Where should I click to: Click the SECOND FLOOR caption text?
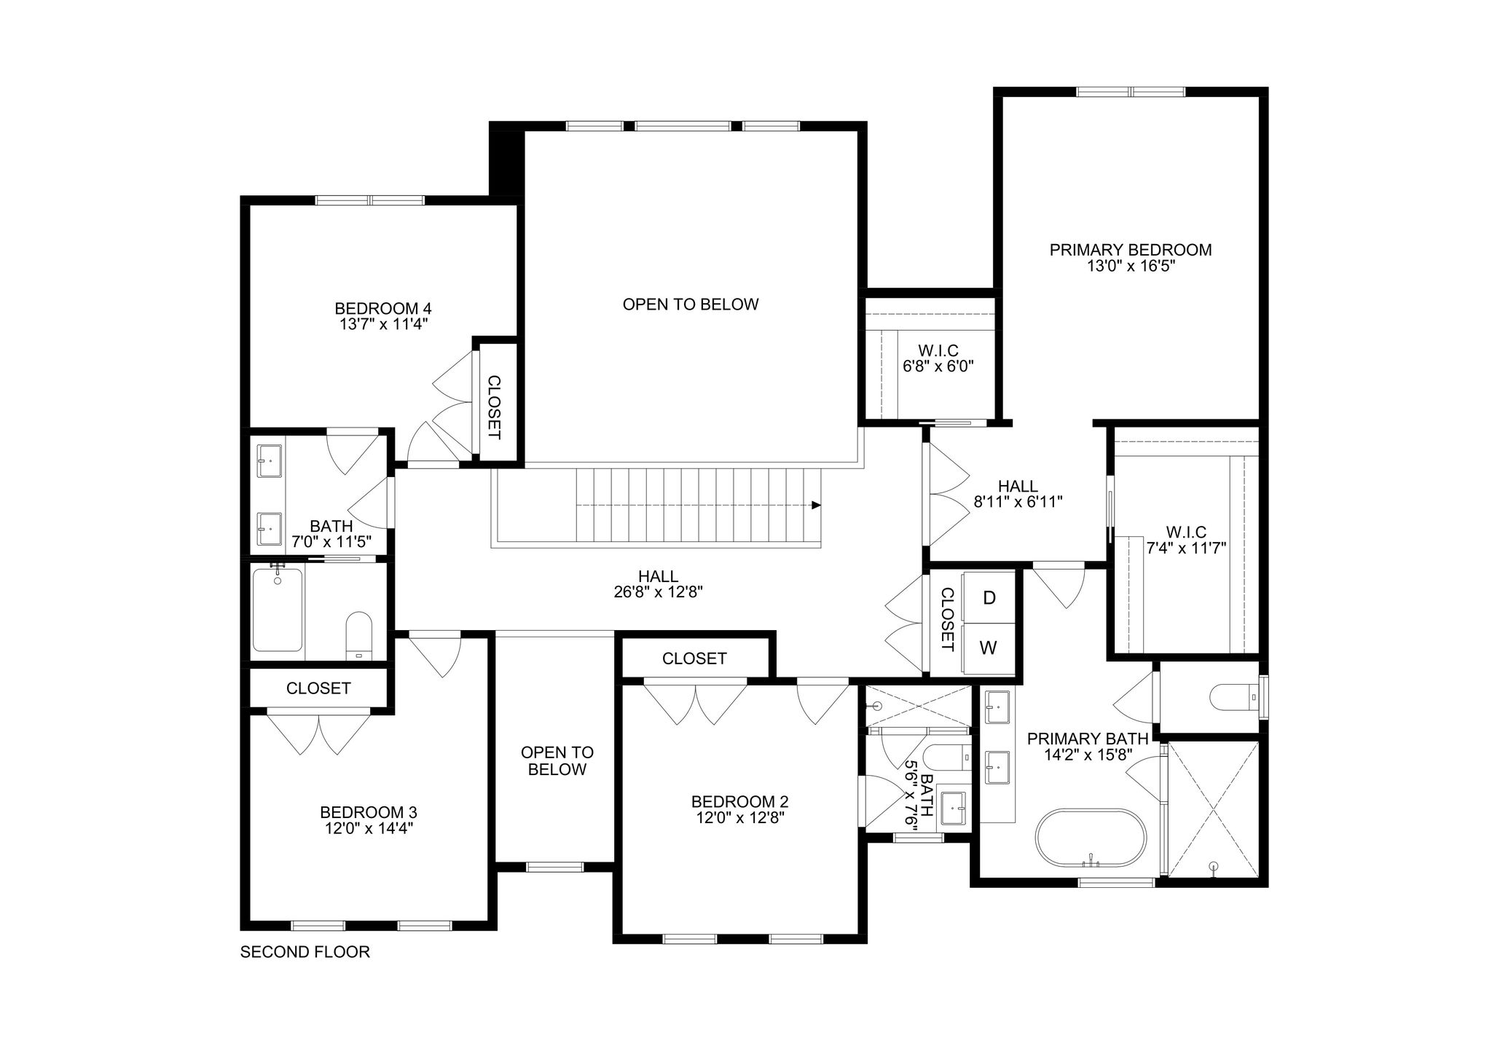pos(305,952)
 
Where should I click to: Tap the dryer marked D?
pos(989,597)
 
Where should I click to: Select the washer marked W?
pos(989,648)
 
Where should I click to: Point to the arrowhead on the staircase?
pos(817,505)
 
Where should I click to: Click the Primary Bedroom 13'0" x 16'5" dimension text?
pos(1131,267)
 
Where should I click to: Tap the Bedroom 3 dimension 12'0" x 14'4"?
pos(369,828)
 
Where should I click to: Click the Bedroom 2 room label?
pos(739,801)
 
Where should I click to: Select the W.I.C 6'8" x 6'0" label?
pos(938,358)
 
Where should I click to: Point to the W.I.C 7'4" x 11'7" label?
pos(1186,540)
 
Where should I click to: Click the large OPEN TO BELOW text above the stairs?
pos(691,304)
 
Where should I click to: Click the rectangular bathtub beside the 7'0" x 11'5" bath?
pos(278,609)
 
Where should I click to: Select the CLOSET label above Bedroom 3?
pos(318,688)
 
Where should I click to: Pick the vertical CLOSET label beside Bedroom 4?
pos(494,407)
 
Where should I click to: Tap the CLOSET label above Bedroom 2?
pos(694,658)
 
